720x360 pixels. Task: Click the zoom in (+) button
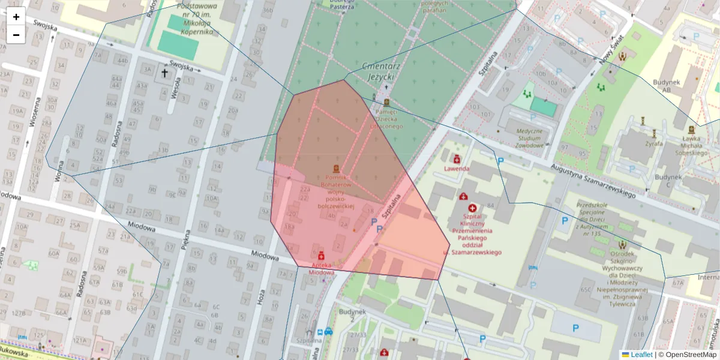click(16, 17)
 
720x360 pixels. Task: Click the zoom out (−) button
click(16, 35)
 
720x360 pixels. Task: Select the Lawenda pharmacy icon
click(457, 159)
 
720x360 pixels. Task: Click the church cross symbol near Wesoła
click(164, 73)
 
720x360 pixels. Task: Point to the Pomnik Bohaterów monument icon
click(336, 169)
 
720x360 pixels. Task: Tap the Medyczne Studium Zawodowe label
click(525, 138)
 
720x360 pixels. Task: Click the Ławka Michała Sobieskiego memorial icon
click(691, 129)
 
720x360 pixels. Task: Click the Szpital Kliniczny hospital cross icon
click(472, 207)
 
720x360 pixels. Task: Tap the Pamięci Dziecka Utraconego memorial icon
click(386, 103)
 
